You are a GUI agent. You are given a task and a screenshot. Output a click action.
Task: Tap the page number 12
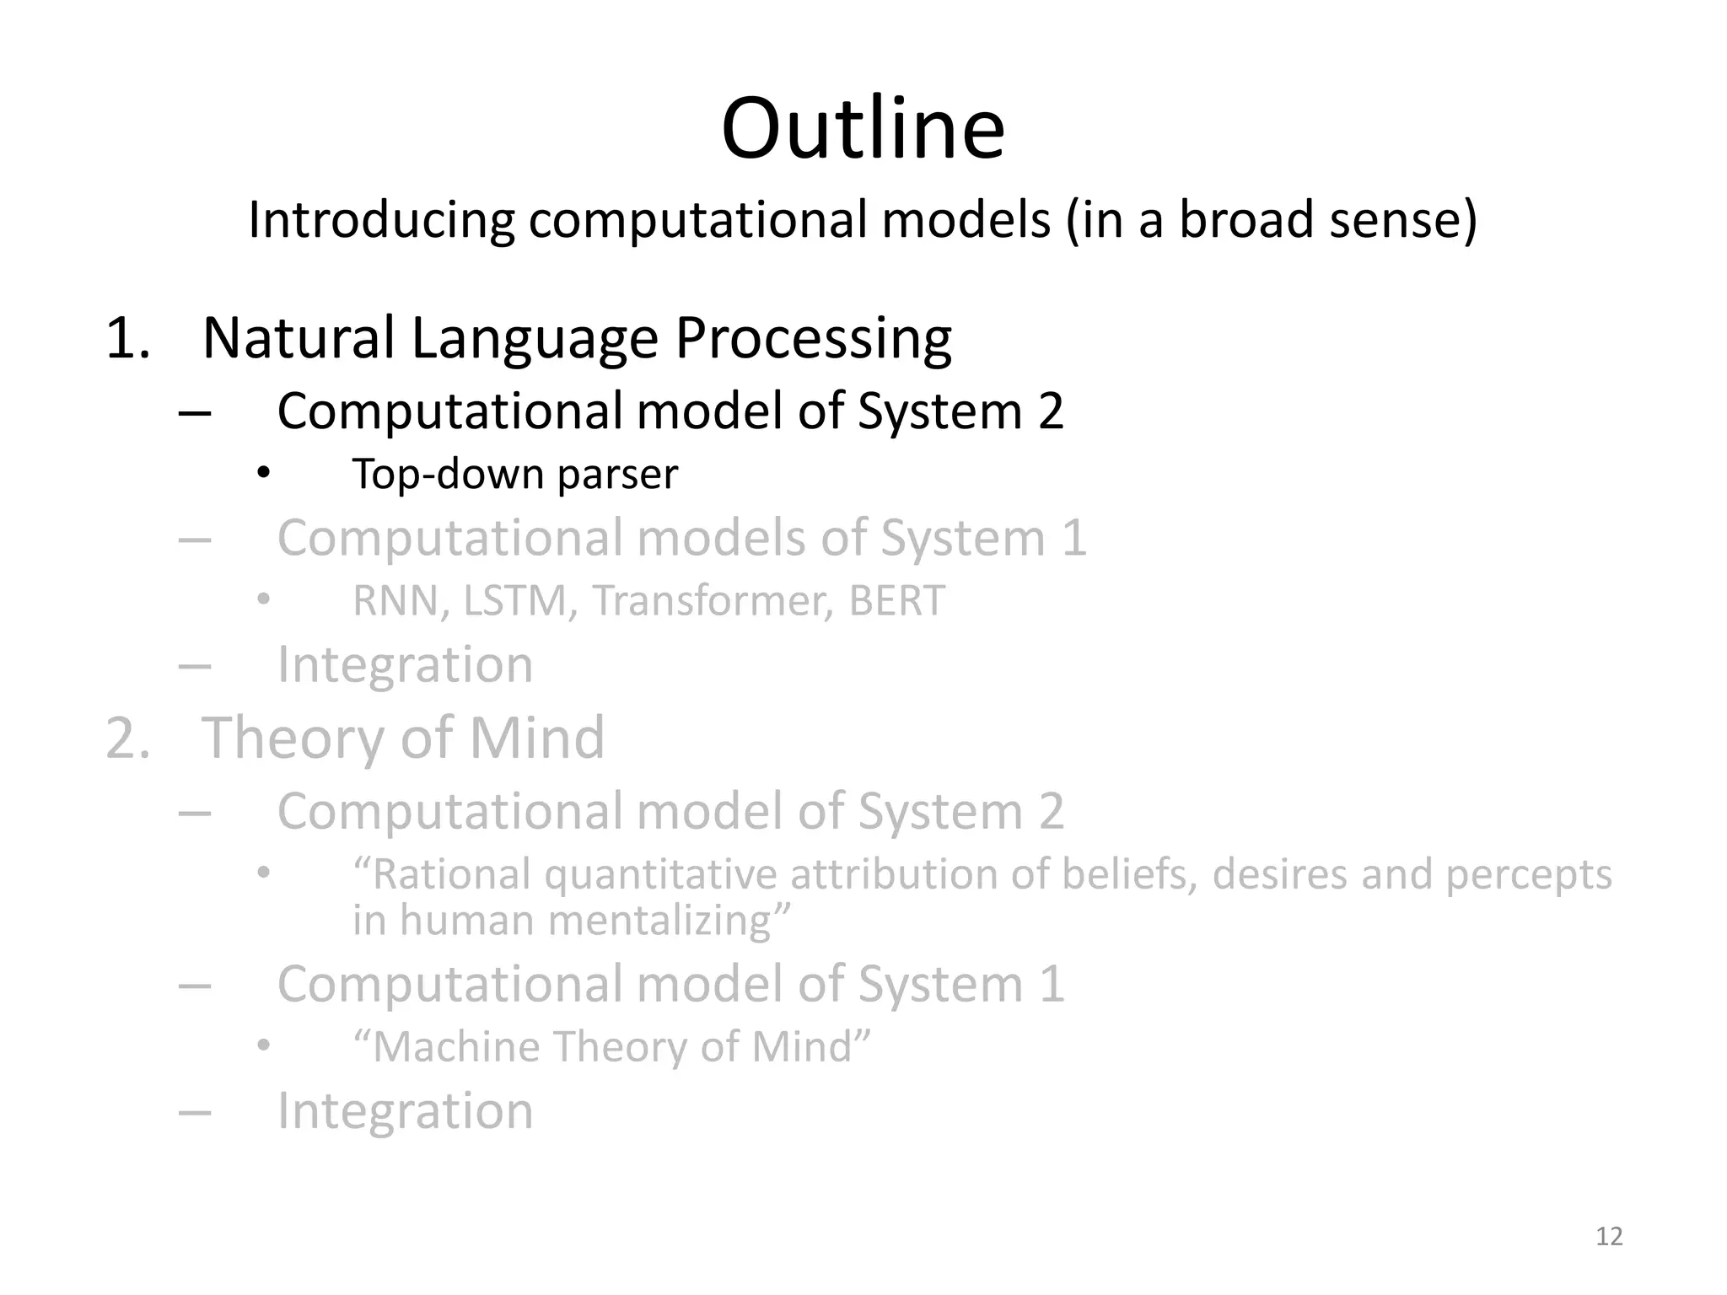(x=1609, y=1236)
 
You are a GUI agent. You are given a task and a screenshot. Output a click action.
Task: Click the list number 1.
(x=127, y=339)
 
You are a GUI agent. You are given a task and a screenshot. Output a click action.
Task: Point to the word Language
(x=534, y=339)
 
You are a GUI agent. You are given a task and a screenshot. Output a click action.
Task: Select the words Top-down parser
(x=514, y=475)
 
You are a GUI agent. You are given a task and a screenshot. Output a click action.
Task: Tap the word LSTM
(x=514, y=601)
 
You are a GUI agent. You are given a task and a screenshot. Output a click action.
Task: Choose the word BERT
(x=896, y=601)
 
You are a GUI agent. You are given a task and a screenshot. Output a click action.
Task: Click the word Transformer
(x=713, y=601)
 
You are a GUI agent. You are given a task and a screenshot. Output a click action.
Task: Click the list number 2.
(x=127, y=738)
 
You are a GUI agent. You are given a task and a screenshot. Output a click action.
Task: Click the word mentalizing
(x=670, y=920)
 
